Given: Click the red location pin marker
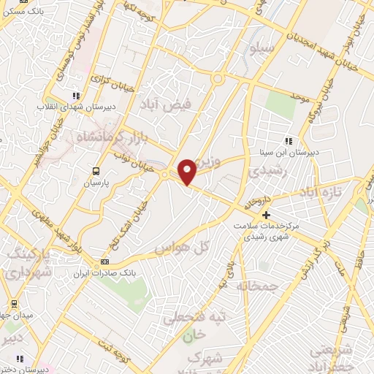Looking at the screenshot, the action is (x=187, y=171).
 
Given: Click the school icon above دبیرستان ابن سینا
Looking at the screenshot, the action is (x=289, y=141).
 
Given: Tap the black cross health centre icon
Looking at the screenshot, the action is (x=266, y=215).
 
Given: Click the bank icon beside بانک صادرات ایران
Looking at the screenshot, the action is (x=105, y=262).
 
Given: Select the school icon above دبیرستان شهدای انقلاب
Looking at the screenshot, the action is (x=76, y=96).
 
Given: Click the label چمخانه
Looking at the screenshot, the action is (x=253, y=286).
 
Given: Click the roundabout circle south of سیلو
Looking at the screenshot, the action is (x=217, y=78).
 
